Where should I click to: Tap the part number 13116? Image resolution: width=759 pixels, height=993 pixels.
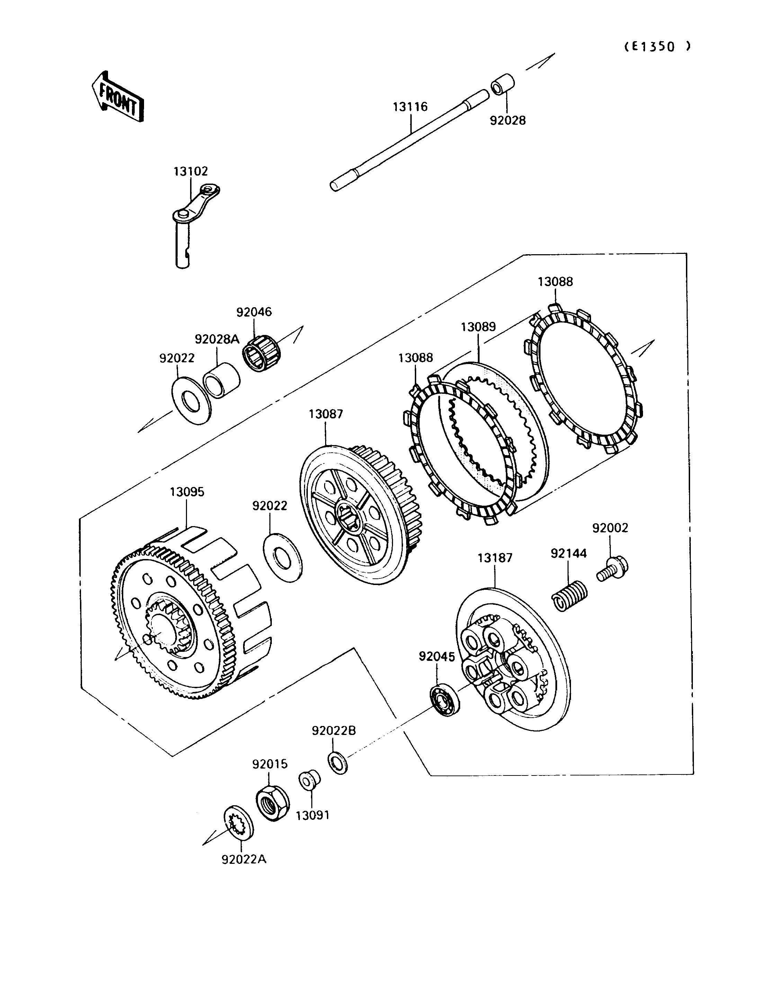pyautogui.click(x=410, y=107)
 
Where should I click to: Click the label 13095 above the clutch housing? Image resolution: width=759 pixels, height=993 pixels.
pyautogui.click(x=187, y=492)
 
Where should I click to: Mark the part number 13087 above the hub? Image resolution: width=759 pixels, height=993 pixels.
pyautogui.click(x=326, y=414)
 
